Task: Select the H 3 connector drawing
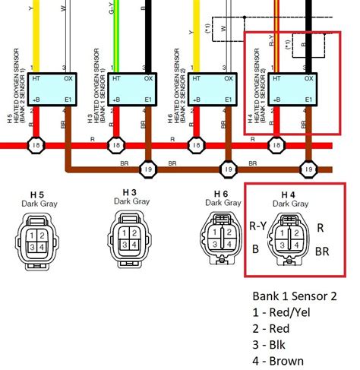pos(129,237)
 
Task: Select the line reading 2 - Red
pos(271,328)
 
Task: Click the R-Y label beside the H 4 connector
pos(258,225)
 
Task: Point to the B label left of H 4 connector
pos(256,248)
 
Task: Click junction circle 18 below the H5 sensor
pos(36,144)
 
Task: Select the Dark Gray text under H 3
pos(128,202)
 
